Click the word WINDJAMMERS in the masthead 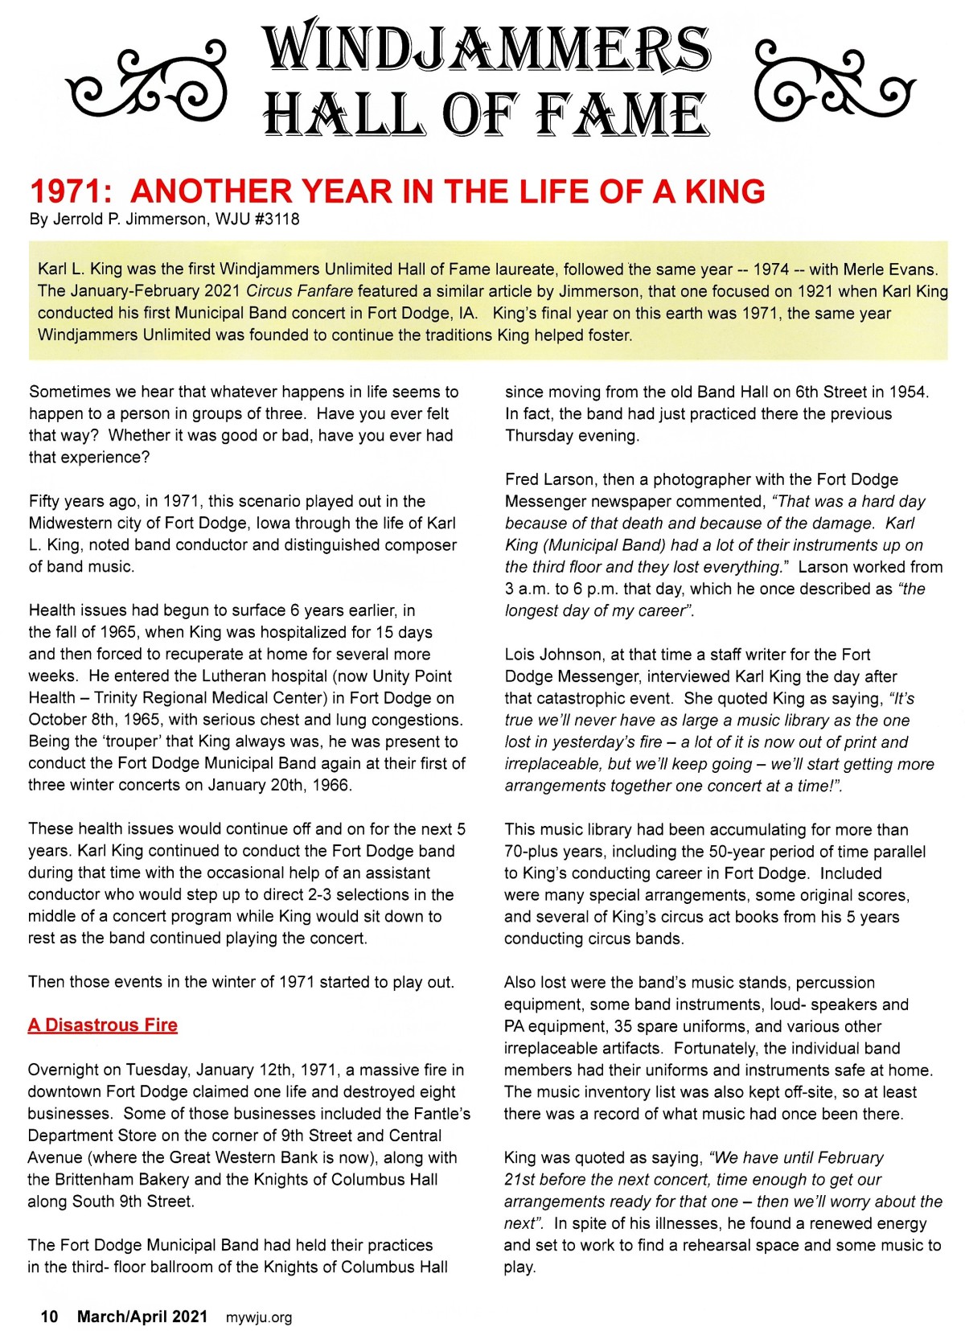click(487, 48)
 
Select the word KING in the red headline click(725, 191)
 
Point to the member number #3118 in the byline click(277, 220)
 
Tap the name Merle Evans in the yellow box click(896, 269)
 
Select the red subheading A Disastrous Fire click(102, 1025)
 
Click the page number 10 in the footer click(50, 1317)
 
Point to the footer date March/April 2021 click(142, 1317)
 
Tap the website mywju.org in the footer click(259, 1317)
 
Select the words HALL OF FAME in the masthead click(487, 115)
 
